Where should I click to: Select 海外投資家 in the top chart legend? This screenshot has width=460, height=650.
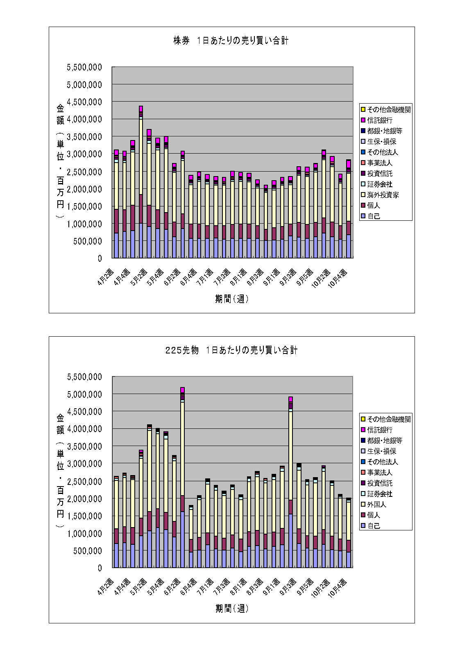coord(383,195)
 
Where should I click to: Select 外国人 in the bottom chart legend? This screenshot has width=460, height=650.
coord(376,505)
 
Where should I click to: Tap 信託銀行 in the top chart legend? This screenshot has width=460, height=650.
coord(380,120)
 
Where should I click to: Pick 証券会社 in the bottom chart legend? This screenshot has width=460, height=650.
coord(380,494)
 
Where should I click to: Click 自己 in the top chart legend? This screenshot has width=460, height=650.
coord(373,216)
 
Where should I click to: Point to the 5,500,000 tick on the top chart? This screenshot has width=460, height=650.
coord(84,67)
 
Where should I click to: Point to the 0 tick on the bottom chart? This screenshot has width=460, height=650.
coord(100,568)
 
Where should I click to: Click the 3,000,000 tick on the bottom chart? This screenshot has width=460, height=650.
coord(84,464)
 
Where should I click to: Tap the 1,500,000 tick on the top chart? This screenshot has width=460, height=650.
coord(84,206)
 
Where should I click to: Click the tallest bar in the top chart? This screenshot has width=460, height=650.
coord(141,182)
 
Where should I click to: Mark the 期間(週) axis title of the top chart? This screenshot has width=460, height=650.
coord(231,299)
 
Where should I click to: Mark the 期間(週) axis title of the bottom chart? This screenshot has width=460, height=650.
coord(231,609)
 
